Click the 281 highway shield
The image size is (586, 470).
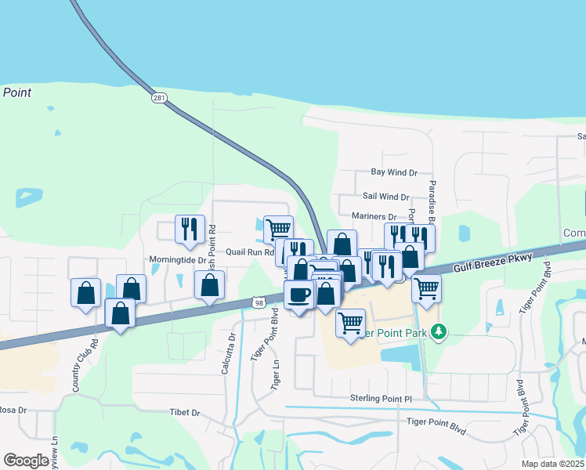click(x=160, y=98)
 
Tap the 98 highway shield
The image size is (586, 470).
click(x=259, y=302)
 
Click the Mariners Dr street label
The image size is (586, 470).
click(x=374, y=216)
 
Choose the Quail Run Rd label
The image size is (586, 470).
click(x=250, y=252)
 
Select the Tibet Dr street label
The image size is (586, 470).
click(x=185, y=411)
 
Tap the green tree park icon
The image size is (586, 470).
click(x=439, y=331)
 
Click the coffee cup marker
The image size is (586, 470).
click(x=298, y=294)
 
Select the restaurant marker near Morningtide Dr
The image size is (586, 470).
click(x=190, y=229)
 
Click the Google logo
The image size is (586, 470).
click(x=26, y=461)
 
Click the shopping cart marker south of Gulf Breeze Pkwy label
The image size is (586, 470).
click(x=426, y=287)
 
